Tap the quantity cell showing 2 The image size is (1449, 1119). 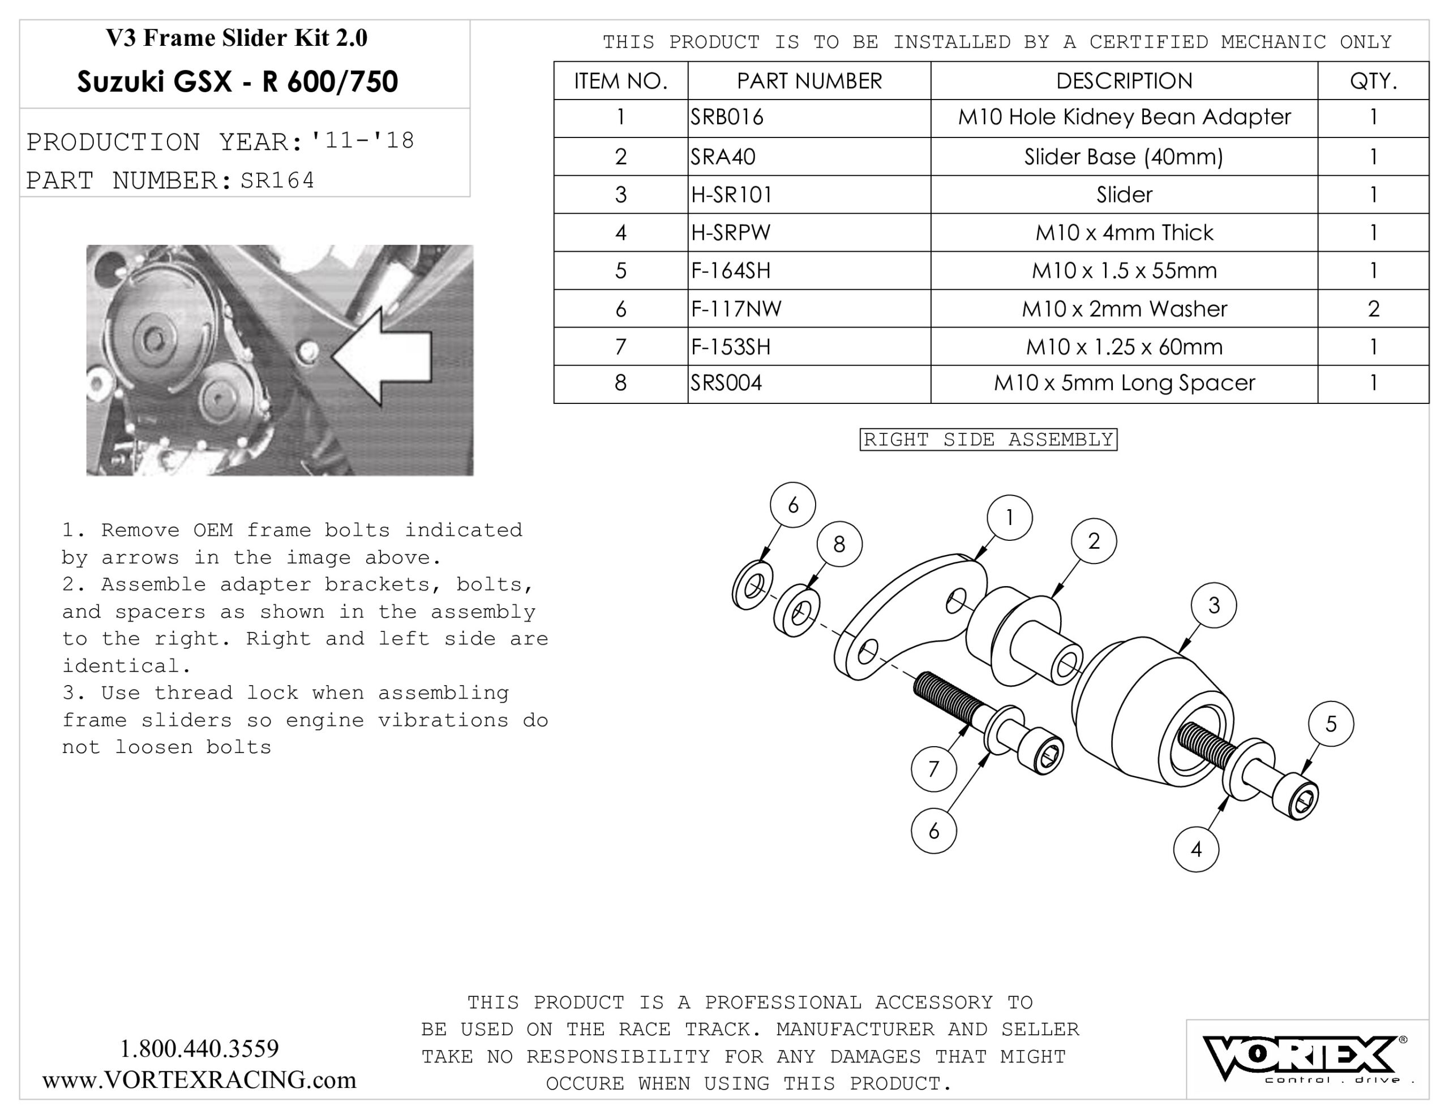click(1373, 308)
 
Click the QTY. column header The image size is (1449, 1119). click(1373, 81)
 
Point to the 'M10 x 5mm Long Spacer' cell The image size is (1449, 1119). click(1124, 383)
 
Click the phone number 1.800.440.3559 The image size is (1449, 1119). click(199, 1049)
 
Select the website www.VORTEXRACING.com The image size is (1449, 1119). click(199, 1080)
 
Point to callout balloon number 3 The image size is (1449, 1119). click(1214, 605)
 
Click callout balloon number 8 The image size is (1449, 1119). click(839, 544)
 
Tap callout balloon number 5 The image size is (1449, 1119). click(1331, 724)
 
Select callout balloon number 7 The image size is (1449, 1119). click(933, 769)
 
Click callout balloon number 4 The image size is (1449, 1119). click(1196, 849)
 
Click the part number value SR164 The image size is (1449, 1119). click(277, 180)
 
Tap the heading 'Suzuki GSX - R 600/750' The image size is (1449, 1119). click(238, 81)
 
